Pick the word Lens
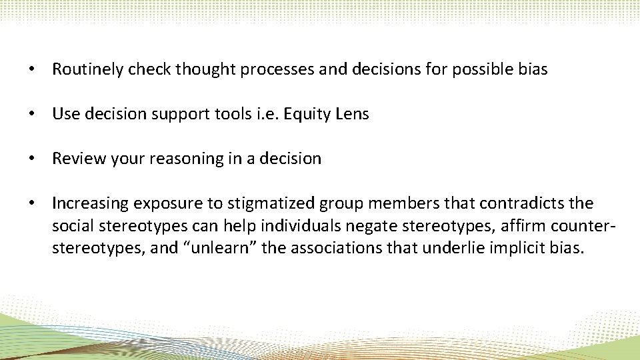[353, 114]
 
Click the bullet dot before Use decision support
[31, 115]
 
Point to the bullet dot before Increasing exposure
[31, 203]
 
